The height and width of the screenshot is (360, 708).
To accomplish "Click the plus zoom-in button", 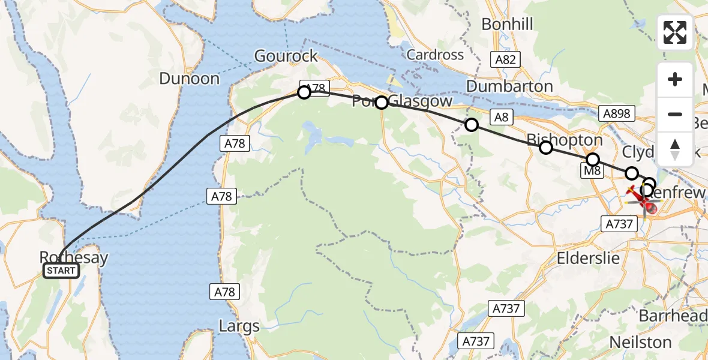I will click(x=675, y=80).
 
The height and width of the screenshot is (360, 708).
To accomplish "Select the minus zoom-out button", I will click(x=675, y=114).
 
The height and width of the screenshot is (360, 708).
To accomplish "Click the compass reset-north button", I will click(x=675, y=149).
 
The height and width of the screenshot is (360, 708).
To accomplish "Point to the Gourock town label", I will click(x=286, y=56).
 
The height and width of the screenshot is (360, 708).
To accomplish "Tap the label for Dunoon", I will click(x=190, y=79).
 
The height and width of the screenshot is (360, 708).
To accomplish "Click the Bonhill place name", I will click(x=507, y=25).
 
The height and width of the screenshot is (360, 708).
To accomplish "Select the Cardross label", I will click(x=435, y=55).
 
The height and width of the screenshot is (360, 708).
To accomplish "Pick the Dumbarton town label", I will click(x=509, y=86).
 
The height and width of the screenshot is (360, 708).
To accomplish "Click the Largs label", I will click(x=239, y=327).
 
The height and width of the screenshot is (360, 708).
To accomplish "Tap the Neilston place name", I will click(x=640, y=342).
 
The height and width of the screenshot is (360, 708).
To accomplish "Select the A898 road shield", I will click(x=616, y=113).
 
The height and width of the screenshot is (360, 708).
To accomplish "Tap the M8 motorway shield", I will click(x=592, y=172).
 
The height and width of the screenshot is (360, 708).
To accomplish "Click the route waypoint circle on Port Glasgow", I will click(x=382, y=103).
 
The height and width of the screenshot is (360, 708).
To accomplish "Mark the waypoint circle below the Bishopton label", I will click(x=546, y=148).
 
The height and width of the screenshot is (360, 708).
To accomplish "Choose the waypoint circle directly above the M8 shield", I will click(x=593, y=159).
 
